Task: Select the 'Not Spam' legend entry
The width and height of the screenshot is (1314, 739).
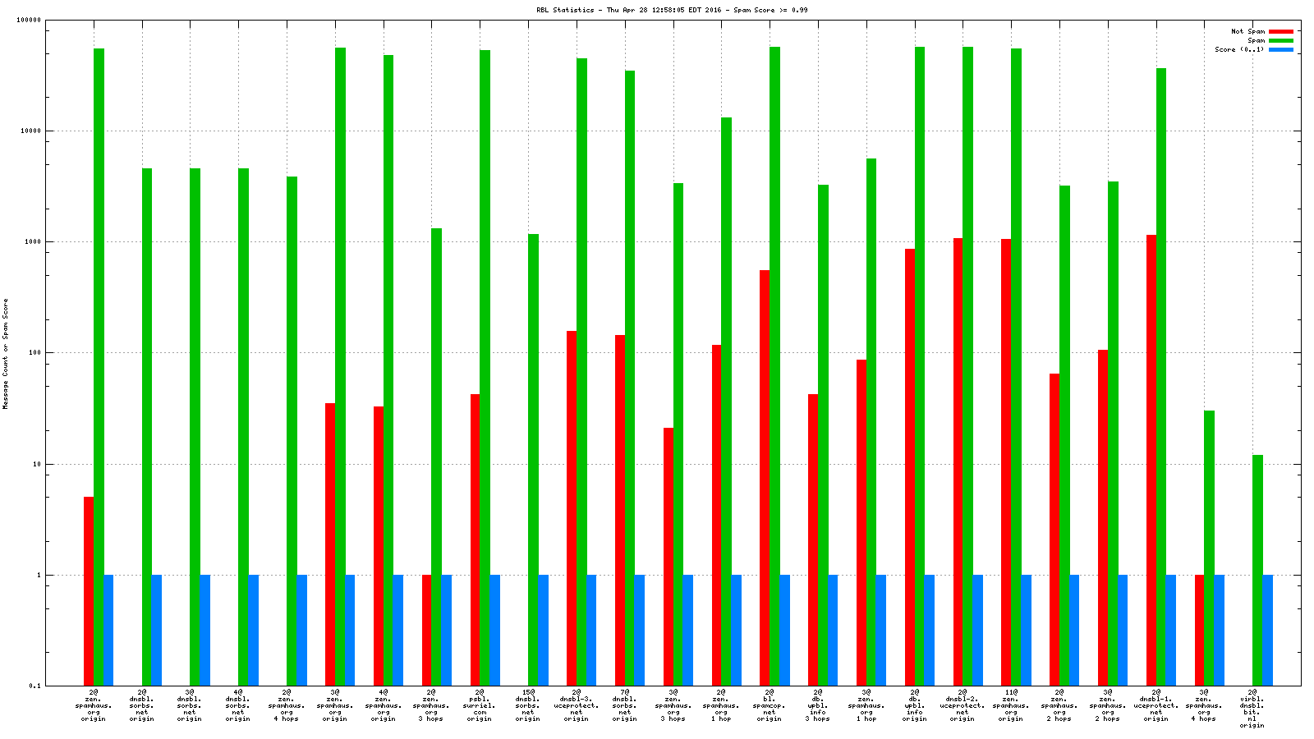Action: tap(1247, 31)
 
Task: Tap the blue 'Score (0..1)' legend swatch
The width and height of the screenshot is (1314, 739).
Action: tap(1280, 50)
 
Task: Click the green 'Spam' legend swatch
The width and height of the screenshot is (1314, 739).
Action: tap(1280, 40)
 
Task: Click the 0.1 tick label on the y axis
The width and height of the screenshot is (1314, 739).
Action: tap(35, 686)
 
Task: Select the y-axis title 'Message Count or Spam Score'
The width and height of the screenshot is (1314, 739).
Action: tap(6, 353)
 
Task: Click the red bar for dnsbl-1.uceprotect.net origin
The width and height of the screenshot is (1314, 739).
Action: tap(1151, 460)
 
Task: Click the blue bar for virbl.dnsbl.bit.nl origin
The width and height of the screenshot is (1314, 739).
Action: tap(1267, 630)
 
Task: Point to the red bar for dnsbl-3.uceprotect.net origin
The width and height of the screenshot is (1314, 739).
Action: tap(571, 508)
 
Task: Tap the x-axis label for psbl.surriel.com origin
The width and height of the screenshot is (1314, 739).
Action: tap(479, 705)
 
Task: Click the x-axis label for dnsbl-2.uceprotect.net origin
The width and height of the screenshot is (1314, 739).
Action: tap(963, 705)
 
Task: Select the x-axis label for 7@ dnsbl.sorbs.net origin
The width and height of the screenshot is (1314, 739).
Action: tap(624, 705)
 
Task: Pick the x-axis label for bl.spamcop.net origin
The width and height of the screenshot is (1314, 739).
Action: tap(770, 705)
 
